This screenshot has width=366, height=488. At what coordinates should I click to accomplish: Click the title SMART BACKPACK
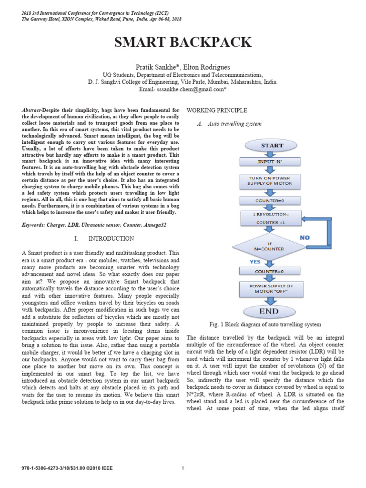[183, 42]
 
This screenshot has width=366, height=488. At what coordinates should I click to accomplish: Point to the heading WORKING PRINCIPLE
[217, 111]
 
